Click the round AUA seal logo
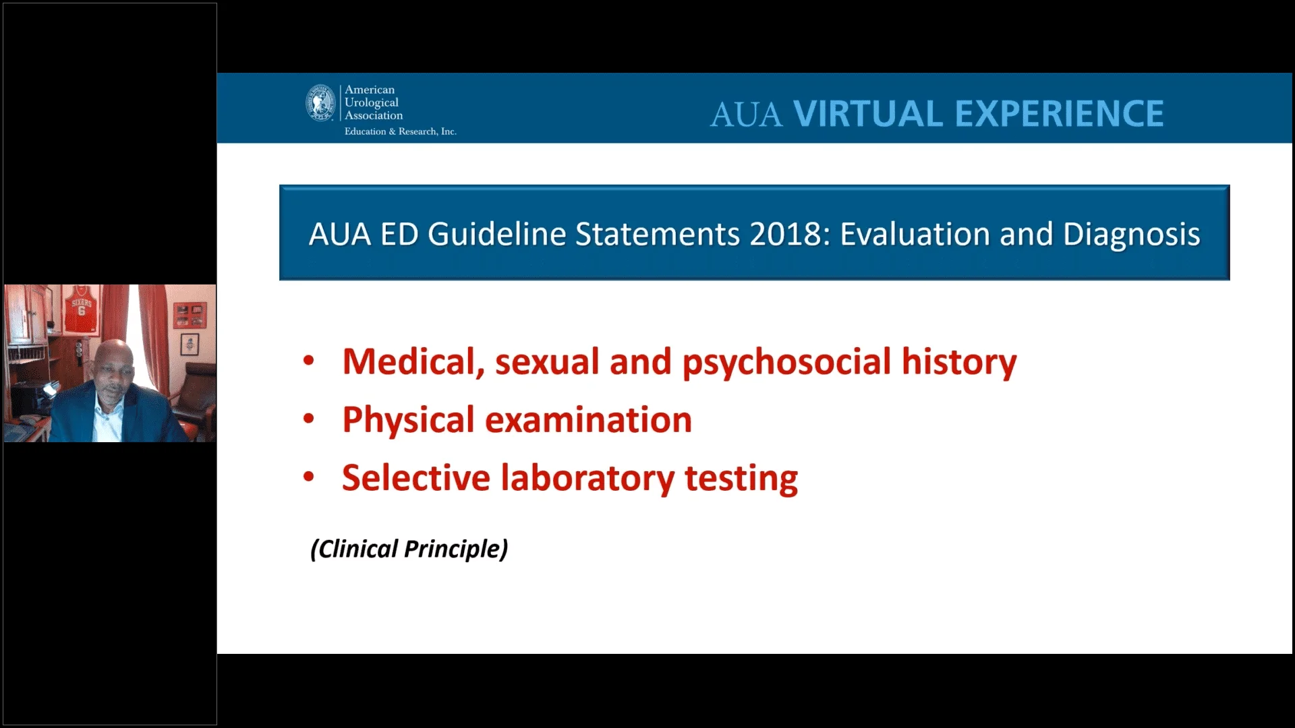click(x=321, y=103)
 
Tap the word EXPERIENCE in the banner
click(x=1060, y=113)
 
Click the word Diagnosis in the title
click(x=1132, y=235)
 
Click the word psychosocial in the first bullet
click(x=786, y=363)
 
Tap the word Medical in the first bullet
click(x=413, y=362)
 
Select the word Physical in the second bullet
click(x=409, y=421)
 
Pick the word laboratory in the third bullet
click(x=587, y=479)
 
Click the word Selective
click(x=416, y=478)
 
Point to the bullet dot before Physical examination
click(x=309, y=419)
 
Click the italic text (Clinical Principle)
click(x=409, y=549)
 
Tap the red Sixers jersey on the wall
click(x=81, y=310)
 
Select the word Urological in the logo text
click(x=372, y=102)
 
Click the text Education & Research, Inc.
click(x=401, y=131)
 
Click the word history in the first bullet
click(x=959, y=363)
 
